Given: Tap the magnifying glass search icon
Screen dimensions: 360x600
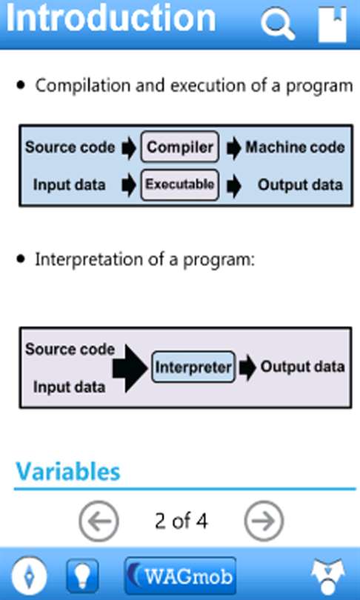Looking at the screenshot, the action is click(277, 23).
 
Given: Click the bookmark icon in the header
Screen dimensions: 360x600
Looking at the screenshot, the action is click(333, 24).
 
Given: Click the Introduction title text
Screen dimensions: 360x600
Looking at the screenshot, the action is click(111, 19).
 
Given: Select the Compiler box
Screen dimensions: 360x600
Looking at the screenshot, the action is click(180, 147).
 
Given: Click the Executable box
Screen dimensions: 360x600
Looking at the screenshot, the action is click(180, 185).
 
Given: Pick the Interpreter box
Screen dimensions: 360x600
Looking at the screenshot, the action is click(193, 367).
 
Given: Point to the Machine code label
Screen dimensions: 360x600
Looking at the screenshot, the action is click(295, 147).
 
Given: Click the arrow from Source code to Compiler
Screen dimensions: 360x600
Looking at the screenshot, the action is click(129, 148).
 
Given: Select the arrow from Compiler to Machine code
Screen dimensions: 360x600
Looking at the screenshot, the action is click(233, 148).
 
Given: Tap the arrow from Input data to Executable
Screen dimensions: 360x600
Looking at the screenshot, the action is click(129, 186).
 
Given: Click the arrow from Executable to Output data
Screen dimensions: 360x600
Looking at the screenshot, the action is click(233, 186).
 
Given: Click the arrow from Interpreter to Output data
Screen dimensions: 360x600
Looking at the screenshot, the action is click(248, 367).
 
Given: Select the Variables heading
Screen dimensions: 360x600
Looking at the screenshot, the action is click(68, 471).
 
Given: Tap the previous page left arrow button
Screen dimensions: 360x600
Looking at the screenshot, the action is click(99, 521).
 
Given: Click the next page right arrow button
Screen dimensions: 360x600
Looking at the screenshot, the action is click(264, 521).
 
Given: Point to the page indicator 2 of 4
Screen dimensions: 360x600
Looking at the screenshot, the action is click(181, 521).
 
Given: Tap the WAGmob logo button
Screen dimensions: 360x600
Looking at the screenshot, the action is click(180, 576).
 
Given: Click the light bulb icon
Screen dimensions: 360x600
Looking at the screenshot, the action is click(82, 576).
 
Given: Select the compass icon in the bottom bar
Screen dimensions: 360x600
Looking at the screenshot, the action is click(30, 576).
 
